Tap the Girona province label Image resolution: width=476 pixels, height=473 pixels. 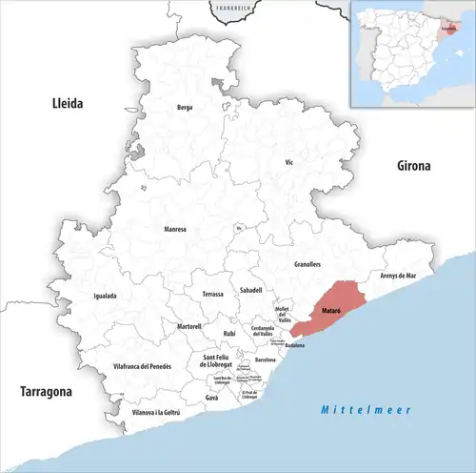click(414, 165)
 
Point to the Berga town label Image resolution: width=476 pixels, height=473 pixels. click(185, 108)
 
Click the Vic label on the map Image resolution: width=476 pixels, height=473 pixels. click(288, 163)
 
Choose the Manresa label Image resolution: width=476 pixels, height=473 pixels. click(175, 229)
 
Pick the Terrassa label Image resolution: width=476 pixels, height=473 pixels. click(212, 295)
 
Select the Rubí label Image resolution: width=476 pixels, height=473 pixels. click(229, 334)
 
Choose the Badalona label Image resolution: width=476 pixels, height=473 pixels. click(293, 344)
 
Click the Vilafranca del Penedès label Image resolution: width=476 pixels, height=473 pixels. click(142, 366)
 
